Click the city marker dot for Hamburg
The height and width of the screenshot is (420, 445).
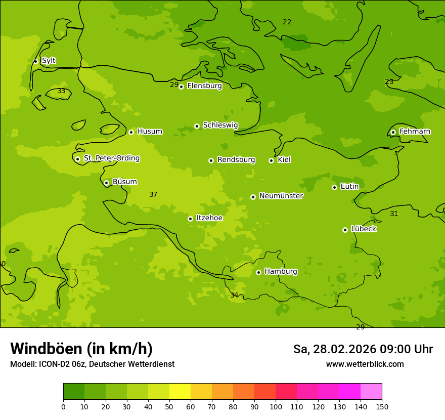click(x=258, y=272)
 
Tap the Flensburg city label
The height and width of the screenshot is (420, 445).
click(x=204, y=86)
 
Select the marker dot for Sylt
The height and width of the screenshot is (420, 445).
click(x=35, y=61)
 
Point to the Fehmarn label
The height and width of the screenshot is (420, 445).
click(x=415, y=132)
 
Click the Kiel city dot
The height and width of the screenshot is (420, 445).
click(x=271, y=160)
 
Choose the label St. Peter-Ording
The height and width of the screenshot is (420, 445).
click(x=111, y=158)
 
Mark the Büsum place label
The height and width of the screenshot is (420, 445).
click(x=124, y=182)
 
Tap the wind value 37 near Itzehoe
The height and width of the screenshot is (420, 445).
click(x=153, y=195)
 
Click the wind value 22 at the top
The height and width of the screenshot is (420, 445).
click(x=287, y=22)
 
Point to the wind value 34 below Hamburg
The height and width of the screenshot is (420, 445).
click(x=234, y=296)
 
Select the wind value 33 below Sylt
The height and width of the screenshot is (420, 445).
click(x=61, y=91)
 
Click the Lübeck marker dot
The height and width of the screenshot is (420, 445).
click(x=345, y=230)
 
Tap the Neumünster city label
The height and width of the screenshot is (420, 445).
click(x=281, y=196)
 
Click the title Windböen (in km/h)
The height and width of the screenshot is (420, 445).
click(x=81, y=349)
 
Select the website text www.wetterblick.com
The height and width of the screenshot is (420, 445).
click(x=365, y=364)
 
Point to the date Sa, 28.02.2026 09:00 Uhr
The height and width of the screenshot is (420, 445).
click(x=363, y=349)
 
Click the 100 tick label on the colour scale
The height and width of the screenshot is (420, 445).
click(x=276, y=406)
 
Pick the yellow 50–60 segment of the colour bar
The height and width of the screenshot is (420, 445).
click(x=180, y=392)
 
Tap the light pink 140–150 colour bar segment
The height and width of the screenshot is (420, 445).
click(x=371, y=392)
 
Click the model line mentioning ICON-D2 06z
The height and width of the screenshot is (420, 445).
click(x=92, y=364)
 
